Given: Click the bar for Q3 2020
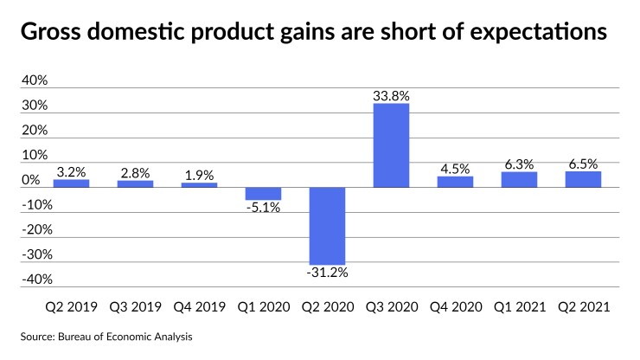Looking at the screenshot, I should (x=391, y=145).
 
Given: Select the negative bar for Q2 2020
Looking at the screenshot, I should (x=327, y=225).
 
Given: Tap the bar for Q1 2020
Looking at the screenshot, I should (x=263, y=193).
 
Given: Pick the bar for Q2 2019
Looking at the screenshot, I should (x=71, y=183).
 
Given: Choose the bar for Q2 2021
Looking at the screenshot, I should (x=583, y=179).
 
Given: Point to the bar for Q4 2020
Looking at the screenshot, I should (x=455, y=182).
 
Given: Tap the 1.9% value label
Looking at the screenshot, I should (x=199, y=174).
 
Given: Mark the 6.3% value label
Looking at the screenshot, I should (x=519, y=163).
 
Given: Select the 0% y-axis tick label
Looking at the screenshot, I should (x=31, y=180).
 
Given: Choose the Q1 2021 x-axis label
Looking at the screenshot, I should (x=519, y=307).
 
